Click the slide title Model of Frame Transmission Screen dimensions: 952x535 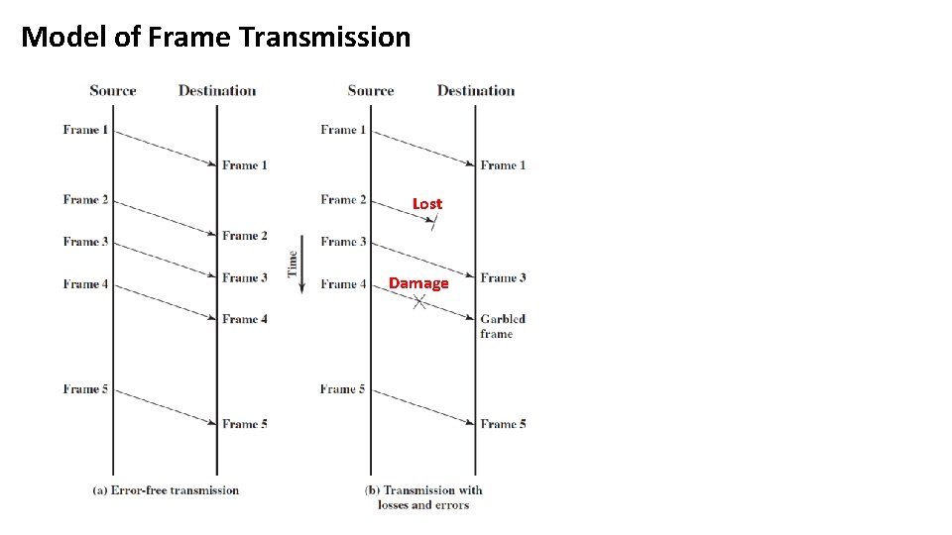pos(215,38)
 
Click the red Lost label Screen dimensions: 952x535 pos(427,204)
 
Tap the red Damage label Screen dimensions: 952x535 pos(418,283)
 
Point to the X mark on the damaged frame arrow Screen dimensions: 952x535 pos(419,302)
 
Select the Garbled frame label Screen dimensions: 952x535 pos(502,326)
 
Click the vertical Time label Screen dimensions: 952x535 pos(293,264)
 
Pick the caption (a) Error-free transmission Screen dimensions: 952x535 pos(166,489)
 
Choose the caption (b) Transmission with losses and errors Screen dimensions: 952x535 pos(423,496)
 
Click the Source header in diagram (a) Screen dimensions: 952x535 pos(113,90)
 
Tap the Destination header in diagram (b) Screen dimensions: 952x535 pos(476,90)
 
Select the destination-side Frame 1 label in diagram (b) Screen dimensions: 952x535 pos(503,165)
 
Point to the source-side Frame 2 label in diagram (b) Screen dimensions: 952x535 pos(343,200)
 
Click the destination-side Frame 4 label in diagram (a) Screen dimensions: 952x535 pos(245,319)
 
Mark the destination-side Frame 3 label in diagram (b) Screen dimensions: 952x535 pos(503,278)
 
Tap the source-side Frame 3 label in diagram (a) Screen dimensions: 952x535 pos(85,242)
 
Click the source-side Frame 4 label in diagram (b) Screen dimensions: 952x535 pos(343,284)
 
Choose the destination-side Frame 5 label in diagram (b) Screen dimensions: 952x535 pos(503,424)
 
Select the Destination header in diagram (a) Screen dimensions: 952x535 pos(217,90)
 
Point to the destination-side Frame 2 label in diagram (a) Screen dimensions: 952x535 pos(245,236)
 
